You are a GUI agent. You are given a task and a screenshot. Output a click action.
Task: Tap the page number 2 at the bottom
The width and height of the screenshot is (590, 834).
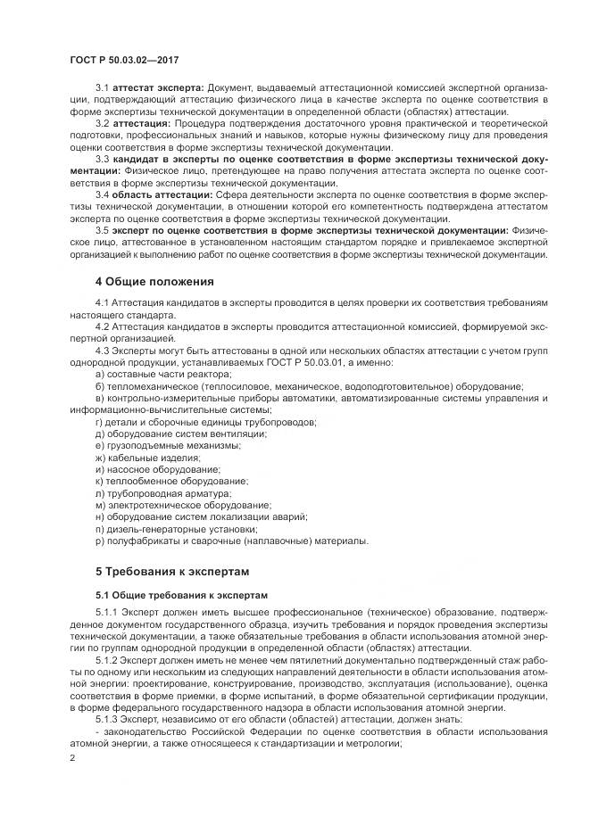coord(72,757)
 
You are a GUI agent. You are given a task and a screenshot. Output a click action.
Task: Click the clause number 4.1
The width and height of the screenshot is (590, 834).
coord(102,304)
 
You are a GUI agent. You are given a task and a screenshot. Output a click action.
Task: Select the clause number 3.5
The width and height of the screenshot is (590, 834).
coord(102,229)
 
